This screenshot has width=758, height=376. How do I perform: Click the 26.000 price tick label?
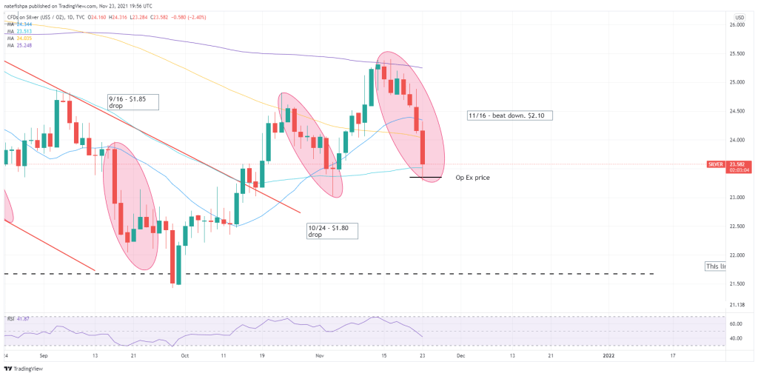(x=737, y=25)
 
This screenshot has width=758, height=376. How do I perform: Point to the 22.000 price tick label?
(x=737, y=255)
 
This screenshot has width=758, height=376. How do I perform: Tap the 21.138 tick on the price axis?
(x=737, y=304)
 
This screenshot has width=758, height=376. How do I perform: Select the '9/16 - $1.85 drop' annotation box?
(x=133, y=101)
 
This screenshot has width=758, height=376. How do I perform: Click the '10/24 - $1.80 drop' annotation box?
(x=332, y=230)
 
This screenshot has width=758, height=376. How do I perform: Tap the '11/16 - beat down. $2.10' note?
(x=510, y=115)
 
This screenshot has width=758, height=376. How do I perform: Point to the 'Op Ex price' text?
(x=472, y=178)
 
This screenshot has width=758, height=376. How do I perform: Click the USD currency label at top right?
(x=739, y=16)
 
